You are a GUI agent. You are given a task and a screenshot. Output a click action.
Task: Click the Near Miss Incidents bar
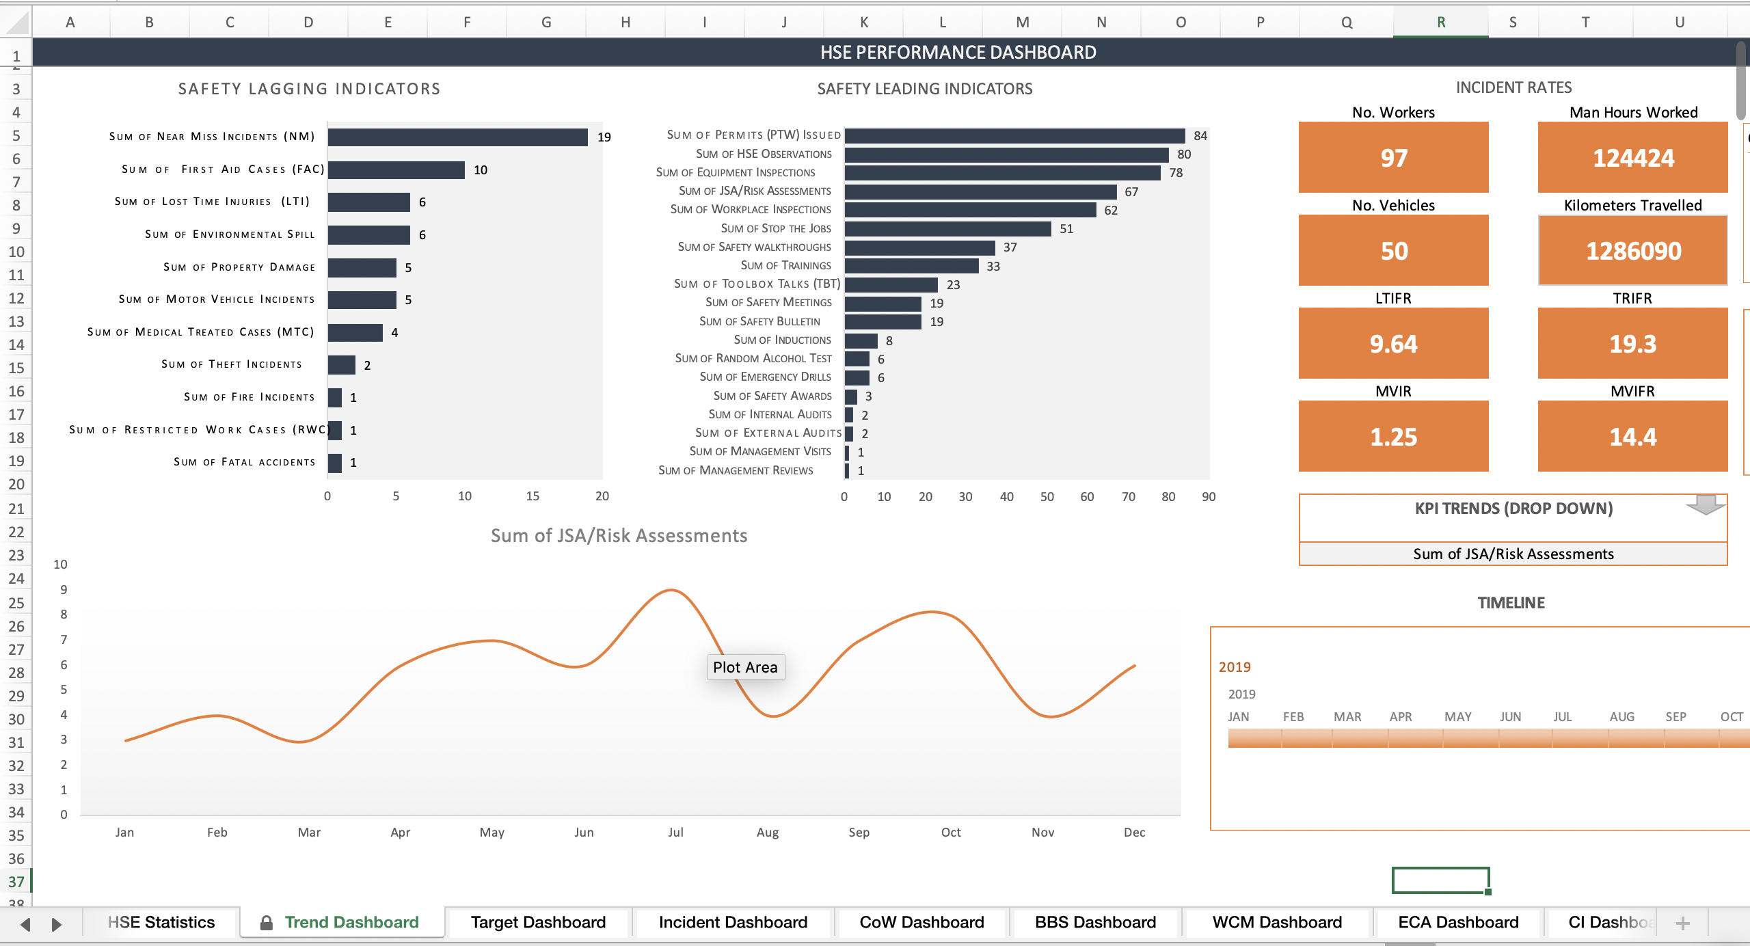pos(457,137)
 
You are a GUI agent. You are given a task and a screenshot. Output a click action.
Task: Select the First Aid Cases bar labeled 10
pos(396,170)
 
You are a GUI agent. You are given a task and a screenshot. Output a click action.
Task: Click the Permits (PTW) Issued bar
pos(1014,135)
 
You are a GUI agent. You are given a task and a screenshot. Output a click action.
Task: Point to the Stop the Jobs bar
pos(947,228)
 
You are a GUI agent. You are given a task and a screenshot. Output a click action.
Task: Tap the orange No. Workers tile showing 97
pos(1393,158)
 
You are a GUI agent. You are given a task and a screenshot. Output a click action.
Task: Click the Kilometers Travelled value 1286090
pos(1632,251)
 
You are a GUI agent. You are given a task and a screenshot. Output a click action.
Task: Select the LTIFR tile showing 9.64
pos(1393,344)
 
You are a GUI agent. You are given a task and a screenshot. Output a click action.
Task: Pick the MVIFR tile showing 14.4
pos(1632,437)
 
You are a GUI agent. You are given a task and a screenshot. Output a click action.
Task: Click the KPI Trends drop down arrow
pos(1705,505)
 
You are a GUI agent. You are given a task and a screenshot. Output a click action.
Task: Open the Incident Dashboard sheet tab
pos(733,922)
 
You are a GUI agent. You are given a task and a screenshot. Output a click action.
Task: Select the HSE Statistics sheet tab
pos(161,922)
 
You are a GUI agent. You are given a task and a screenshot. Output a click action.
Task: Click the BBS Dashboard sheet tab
pos(1095,922)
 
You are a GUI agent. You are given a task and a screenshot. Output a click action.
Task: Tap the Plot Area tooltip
pos(745,667)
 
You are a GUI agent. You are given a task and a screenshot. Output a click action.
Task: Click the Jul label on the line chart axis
pos(675,832)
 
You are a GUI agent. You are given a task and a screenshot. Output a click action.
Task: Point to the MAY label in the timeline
pos(1457,716)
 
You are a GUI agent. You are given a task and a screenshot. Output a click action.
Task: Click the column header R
pos(1440,22)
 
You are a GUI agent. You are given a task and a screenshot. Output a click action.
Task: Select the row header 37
pos(16,882)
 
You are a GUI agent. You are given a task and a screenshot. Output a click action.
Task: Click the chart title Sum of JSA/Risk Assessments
pos(619,535)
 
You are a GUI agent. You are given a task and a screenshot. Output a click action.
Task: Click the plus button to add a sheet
pos(1682,923)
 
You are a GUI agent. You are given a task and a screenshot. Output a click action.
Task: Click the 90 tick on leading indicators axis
pos(1208,497)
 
